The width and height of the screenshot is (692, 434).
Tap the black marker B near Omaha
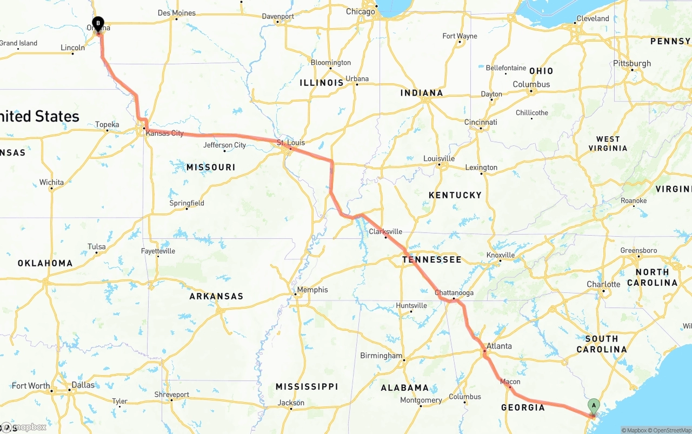pyautogui.click(x=98, y=24)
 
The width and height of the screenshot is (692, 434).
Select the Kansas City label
pyautogui.click(x=165, y=133)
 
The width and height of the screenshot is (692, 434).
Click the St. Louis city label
pyautogui.click(x=291, y=143)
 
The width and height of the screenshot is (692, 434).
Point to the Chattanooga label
pyautogui.click(x=454, y=293)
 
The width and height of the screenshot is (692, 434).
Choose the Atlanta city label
pyautogui.click(x=498, y=346)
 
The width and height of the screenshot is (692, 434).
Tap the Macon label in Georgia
pyautogui.click(x=510, y=382)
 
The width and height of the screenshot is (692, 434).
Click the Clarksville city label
pyautogui.click(x=385, y=232)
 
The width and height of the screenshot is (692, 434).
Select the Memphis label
pyautogui.click(x=312, y=290)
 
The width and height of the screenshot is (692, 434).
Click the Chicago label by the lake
pyautogui.click(x=360, y=11)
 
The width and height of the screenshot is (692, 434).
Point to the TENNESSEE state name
pyautogui.click(x=431, y=260)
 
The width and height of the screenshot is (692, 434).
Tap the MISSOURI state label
pyautogui.click(x=211, y=168)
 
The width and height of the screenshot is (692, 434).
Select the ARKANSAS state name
pyautogui.click(x=216, y=296)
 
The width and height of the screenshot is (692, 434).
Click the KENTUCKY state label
pyautogui.click(x=455, y=195)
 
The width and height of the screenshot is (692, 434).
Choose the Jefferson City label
pyautogui.click(x=224, y=145)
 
